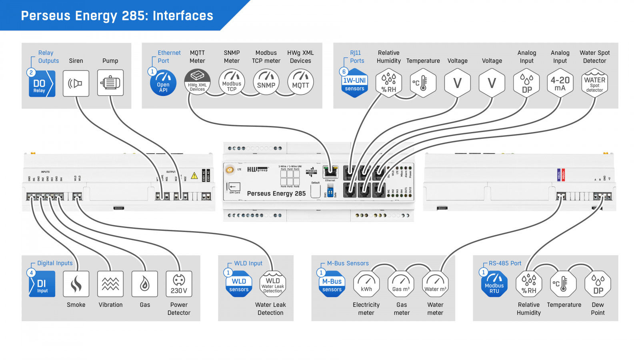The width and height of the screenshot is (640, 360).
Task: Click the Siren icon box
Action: pos(76,83)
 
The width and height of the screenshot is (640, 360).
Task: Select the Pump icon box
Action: pos(110,83)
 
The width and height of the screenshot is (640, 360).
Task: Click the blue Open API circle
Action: pos(163,83)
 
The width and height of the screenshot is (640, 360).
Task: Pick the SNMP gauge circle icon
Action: pos(266,82)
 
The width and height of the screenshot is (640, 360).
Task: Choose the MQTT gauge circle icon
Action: pos(300,82)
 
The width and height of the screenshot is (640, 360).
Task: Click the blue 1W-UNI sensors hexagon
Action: pos(354,83)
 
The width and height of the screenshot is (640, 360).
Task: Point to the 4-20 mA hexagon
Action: pos(560,83)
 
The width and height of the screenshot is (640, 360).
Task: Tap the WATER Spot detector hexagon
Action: pos(595,83)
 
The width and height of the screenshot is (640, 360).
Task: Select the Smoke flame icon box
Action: pos(76,284)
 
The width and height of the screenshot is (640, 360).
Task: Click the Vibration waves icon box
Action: pos(110,284)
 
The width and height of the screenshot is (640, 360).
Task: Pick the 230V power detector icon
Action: pos(179,284)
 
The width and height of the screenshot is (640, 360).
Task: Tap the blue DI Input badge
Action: pos(42,284)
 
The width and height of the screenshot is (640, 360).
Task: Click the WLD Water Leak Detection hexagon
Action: pos(273,284)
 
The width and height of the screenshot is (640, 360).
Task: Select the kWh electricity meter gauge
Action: pos(366,284)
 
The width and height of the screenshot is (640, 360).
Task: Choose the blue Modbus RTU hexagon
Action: pos(494,284)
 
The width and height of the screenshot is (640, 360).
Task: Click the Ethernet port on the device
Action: pos(330,172)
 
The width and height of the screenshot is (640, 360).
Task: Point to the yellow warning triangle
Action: pos(194,176)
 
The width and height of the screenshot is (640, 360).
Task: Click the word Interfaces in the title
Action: pos(183,16)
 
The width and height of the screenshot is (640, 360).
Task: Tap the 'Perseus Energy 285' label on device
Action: pos(276,194)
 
